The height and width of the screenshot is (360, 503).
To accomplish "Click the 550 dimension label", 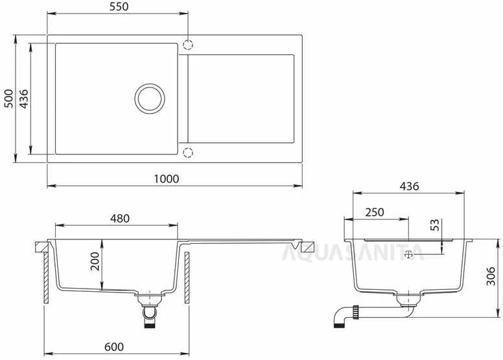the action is pyautogui.click(x=119, y=6).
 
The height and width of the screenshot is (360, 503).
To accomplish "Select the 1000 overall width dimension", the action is pyautogui.click(x=166, y=179).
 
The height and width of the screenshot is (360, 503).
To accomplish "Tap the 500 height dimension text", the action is pyautogui.click(x=8, y=99).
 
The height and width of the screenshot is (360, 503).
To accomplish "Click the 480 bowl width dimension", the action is pyautogui.click(x=120, y=219).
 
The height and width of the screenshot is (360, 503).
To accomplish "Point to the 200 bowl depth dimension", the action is pyautogui.click(x=95, y=261).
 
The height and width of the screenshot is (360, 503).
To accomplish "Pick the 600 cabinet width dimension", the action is pyautogui.click(x=114, y=347).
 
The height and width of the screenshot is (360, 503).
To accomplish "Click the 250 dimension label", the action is pyautogui.click(x=375, y=212).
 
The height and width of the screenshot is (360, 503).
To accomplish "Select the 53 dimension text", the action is pyautogui.click(x=434, y=225).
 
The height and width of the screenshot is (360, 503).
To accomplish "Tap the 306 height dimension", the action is pyautogui.click(x=491, y=276).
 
